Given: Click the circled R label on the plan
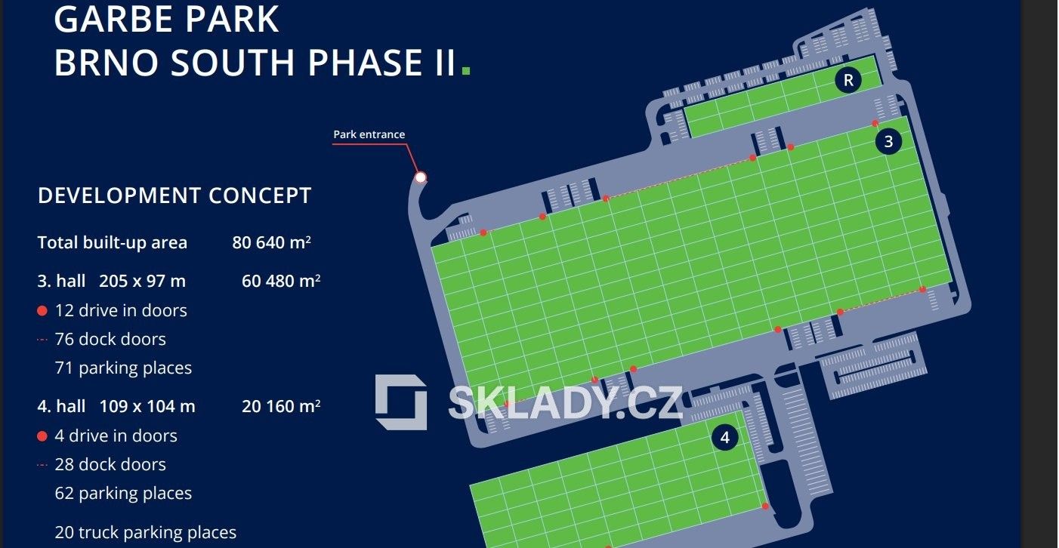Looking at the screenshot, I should (x=848, y=81).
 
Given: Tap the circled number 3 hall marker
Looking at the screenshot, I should (x=888, y=141).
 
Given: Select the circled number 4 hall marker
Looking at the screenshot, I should (x=725, y=437).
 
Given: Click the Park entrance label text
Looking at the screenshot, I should (x=369, y=134).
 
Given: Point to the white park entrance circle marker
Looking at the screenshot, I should (x=421, y=177).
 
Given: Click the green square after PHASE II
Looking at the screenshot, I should (x=466, y=69).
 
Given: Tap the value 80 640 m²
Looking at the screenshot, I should (x=272, y=242).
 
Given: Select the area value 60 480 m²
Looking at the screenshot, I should (x=281, y=282).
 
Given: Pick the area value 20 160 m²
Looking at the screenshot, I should (x=281, y=406).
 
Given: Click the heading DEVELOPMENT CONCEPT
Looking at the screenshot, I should (x=174, y=195).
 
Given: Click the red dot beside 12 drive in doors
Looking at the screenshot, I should (x=42, y=310).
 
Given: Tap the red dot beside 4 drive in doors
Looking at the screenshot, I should (x=42, y=436).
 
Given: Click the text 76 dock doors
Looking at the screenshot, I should (x=110, y=339).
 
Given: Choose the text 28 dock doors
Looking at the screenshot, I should (x=110, y=464).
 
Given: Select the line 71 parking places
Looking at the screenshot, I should (x=123, y=368).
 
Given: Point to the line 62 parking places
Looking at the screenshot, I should (x=123, y=493).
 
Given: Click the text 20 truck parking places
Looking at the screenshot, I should (x=145, y=532).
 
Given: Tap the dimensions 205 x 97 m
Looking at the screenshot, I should (x=142, y=282).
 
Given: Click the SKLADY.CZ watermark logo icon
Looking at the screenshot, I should (x=401, y=402).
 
